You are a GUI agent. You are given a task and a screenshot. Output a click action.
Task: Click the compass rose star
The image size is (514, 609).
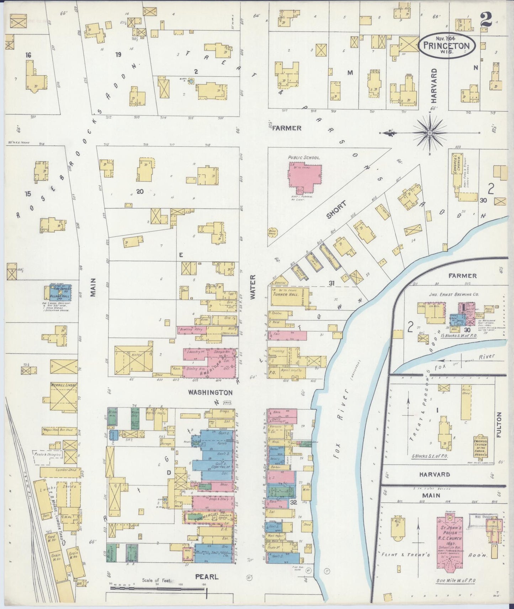[430, 133]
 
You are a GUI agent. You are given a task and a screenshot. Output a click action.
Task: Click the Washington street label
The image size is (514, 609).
[210, 393]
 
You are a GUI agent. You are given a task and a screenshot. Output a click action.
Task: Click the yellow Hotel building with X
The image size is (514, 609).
[133, 359]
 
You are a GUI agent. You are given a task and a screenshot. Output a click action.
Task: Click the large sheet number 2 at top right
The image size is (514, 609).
[485, 20]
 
